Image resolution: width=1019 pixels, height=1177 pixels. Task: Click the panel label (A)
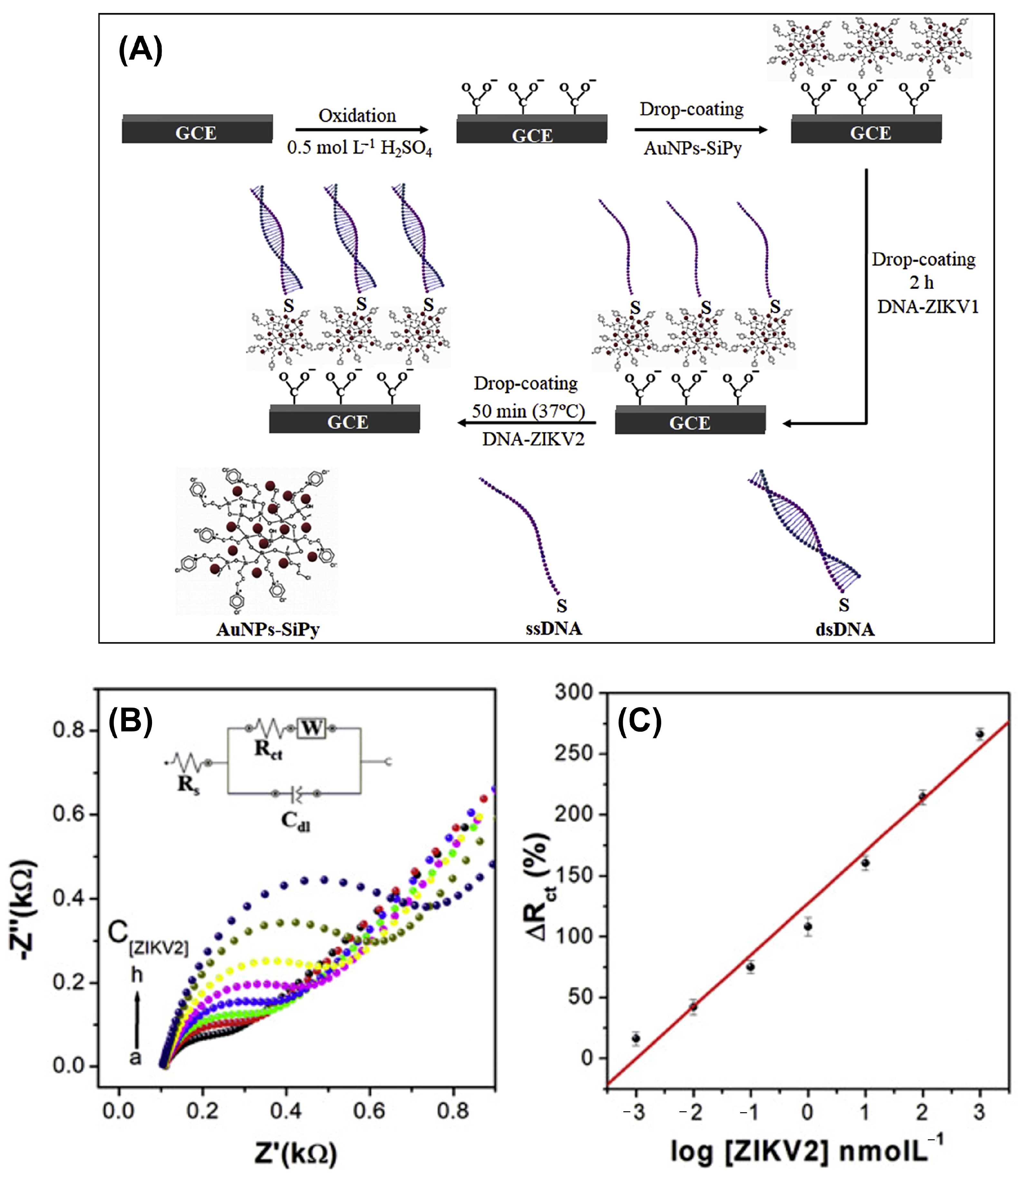coord(140,50)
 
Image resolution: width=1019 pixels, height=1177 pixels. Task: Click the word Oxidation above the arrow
coord(357,115)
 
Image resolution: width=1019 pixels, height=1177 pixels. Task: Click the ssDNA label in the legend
coord(553,629)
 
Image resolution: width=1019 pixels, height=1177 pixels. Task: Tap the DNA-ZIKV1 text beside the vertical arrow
coord(928,307)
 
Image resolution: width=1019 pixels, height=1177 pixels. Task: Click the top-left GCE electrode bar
coord(197,129)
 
